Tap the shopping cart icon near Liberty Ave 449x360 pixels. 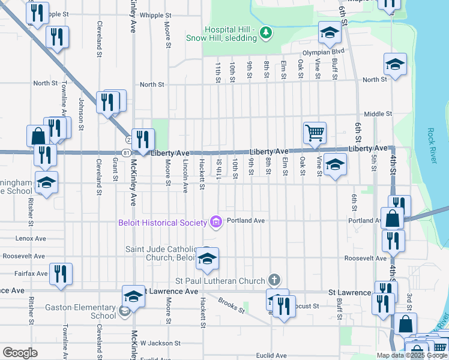(315, 132)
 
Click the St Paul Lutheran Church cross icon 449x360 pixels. (274, 280)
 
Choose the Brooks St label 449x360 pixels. (232, 306)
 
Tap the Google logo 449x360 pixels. (20, 353)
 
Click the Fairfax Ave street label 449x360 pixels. (32, 274)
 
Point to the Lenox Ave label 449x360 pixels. (31, 238)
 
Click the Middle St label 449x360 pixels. (378, 113)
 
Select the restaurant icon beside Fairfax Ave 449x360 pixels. (60, 274)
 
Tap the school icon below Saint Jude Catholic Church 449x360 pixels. (207, 259)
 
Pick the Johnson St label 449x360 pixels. (80, 112)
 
